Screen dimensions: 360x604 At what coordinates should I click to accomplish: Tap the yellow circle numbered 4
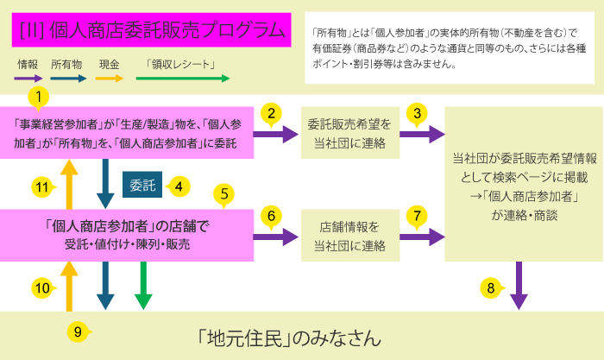[179, 186]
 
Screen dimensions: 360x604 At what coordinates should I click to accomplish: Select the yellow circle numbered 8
[490, 287]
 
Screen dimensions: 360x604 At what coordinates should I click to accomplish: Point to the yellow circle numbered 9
[78, 331]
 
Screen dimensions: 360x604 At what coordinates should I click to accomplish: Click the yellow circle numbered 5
[225, 194]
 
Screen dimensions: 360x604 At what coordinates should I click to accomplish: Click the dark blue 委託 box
[140, 185]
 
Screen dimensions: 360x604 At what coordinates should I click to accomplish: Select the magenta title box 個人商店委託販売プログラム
[152, 31]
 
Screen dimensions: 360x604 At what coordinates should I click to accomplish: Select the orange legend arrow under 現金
[108, 79]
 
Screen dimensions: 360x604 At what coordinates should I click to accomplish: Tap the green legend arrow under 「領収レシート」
[180, 79]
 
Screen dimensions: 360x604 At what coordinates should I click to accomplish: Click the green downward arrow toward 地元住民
[143, 286]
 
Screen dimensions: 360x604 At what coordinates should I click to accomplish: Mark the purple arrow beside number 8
[519, 286]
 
